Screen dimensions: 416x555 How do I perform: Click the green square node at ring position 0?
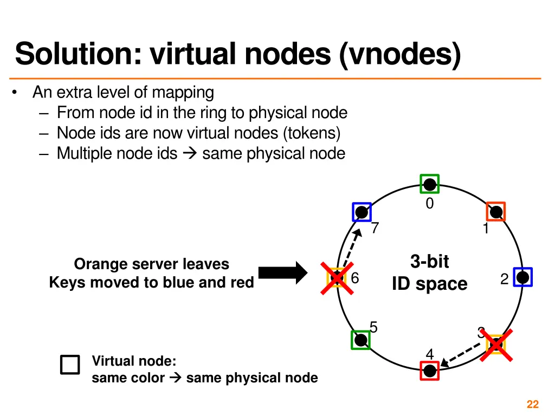pos(430,184)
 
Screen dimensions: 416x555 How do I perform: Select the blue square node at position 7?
pos(362,212)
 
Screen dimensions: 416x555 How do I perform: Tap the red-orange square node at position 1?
pos(495,211)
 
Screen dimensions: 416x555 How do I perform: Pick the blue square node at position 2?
pos(522,277)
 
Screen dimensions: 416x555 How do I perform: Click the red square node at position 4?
pos(430,370)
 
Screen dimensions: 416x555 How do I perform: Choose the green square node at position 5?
pos(360,340)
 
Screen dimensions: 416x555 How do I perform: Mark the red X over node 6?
pos(337,278)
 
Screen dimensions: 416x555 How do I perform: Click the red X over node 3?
pos(496,343)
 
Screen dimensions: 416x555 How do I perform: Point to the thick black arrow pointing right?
pos(282,272)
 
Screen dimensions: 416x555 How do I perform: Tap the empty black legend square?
pos(70,365)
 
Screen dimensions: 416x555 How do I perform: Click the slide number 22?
pos(532,404)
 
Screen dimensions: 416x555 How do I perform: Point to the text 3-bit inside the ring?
pos(430,262)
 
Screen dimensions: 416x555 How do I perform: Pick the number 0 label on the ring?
pos(429,204)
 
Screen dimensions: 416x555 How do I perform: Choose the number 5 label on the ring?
pos(373,327)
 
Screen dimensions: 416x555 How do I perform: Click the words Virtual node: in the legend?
pos(134,361)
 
